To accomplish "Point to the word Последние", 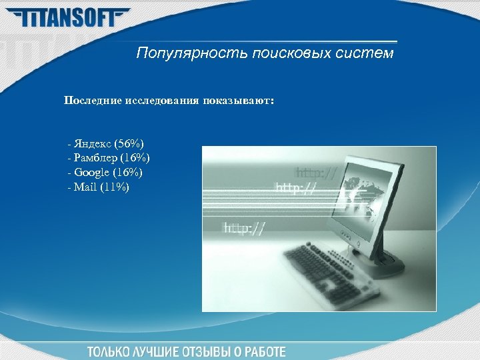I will pos(91,100).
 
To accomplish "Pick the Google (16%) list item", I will pos(105,173).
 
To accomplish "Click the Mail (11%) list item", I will pos(99,187).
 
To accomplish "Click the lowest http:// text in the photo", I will pos(244,228).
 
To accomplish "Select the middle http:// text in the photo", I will pos(296,188).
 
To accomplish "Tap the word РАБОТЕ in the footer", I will pos(264,351).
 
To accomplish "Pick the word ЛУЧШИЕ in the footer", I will pos(158,351).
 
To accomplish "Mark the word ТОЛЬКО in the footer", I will pos(108,351).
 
